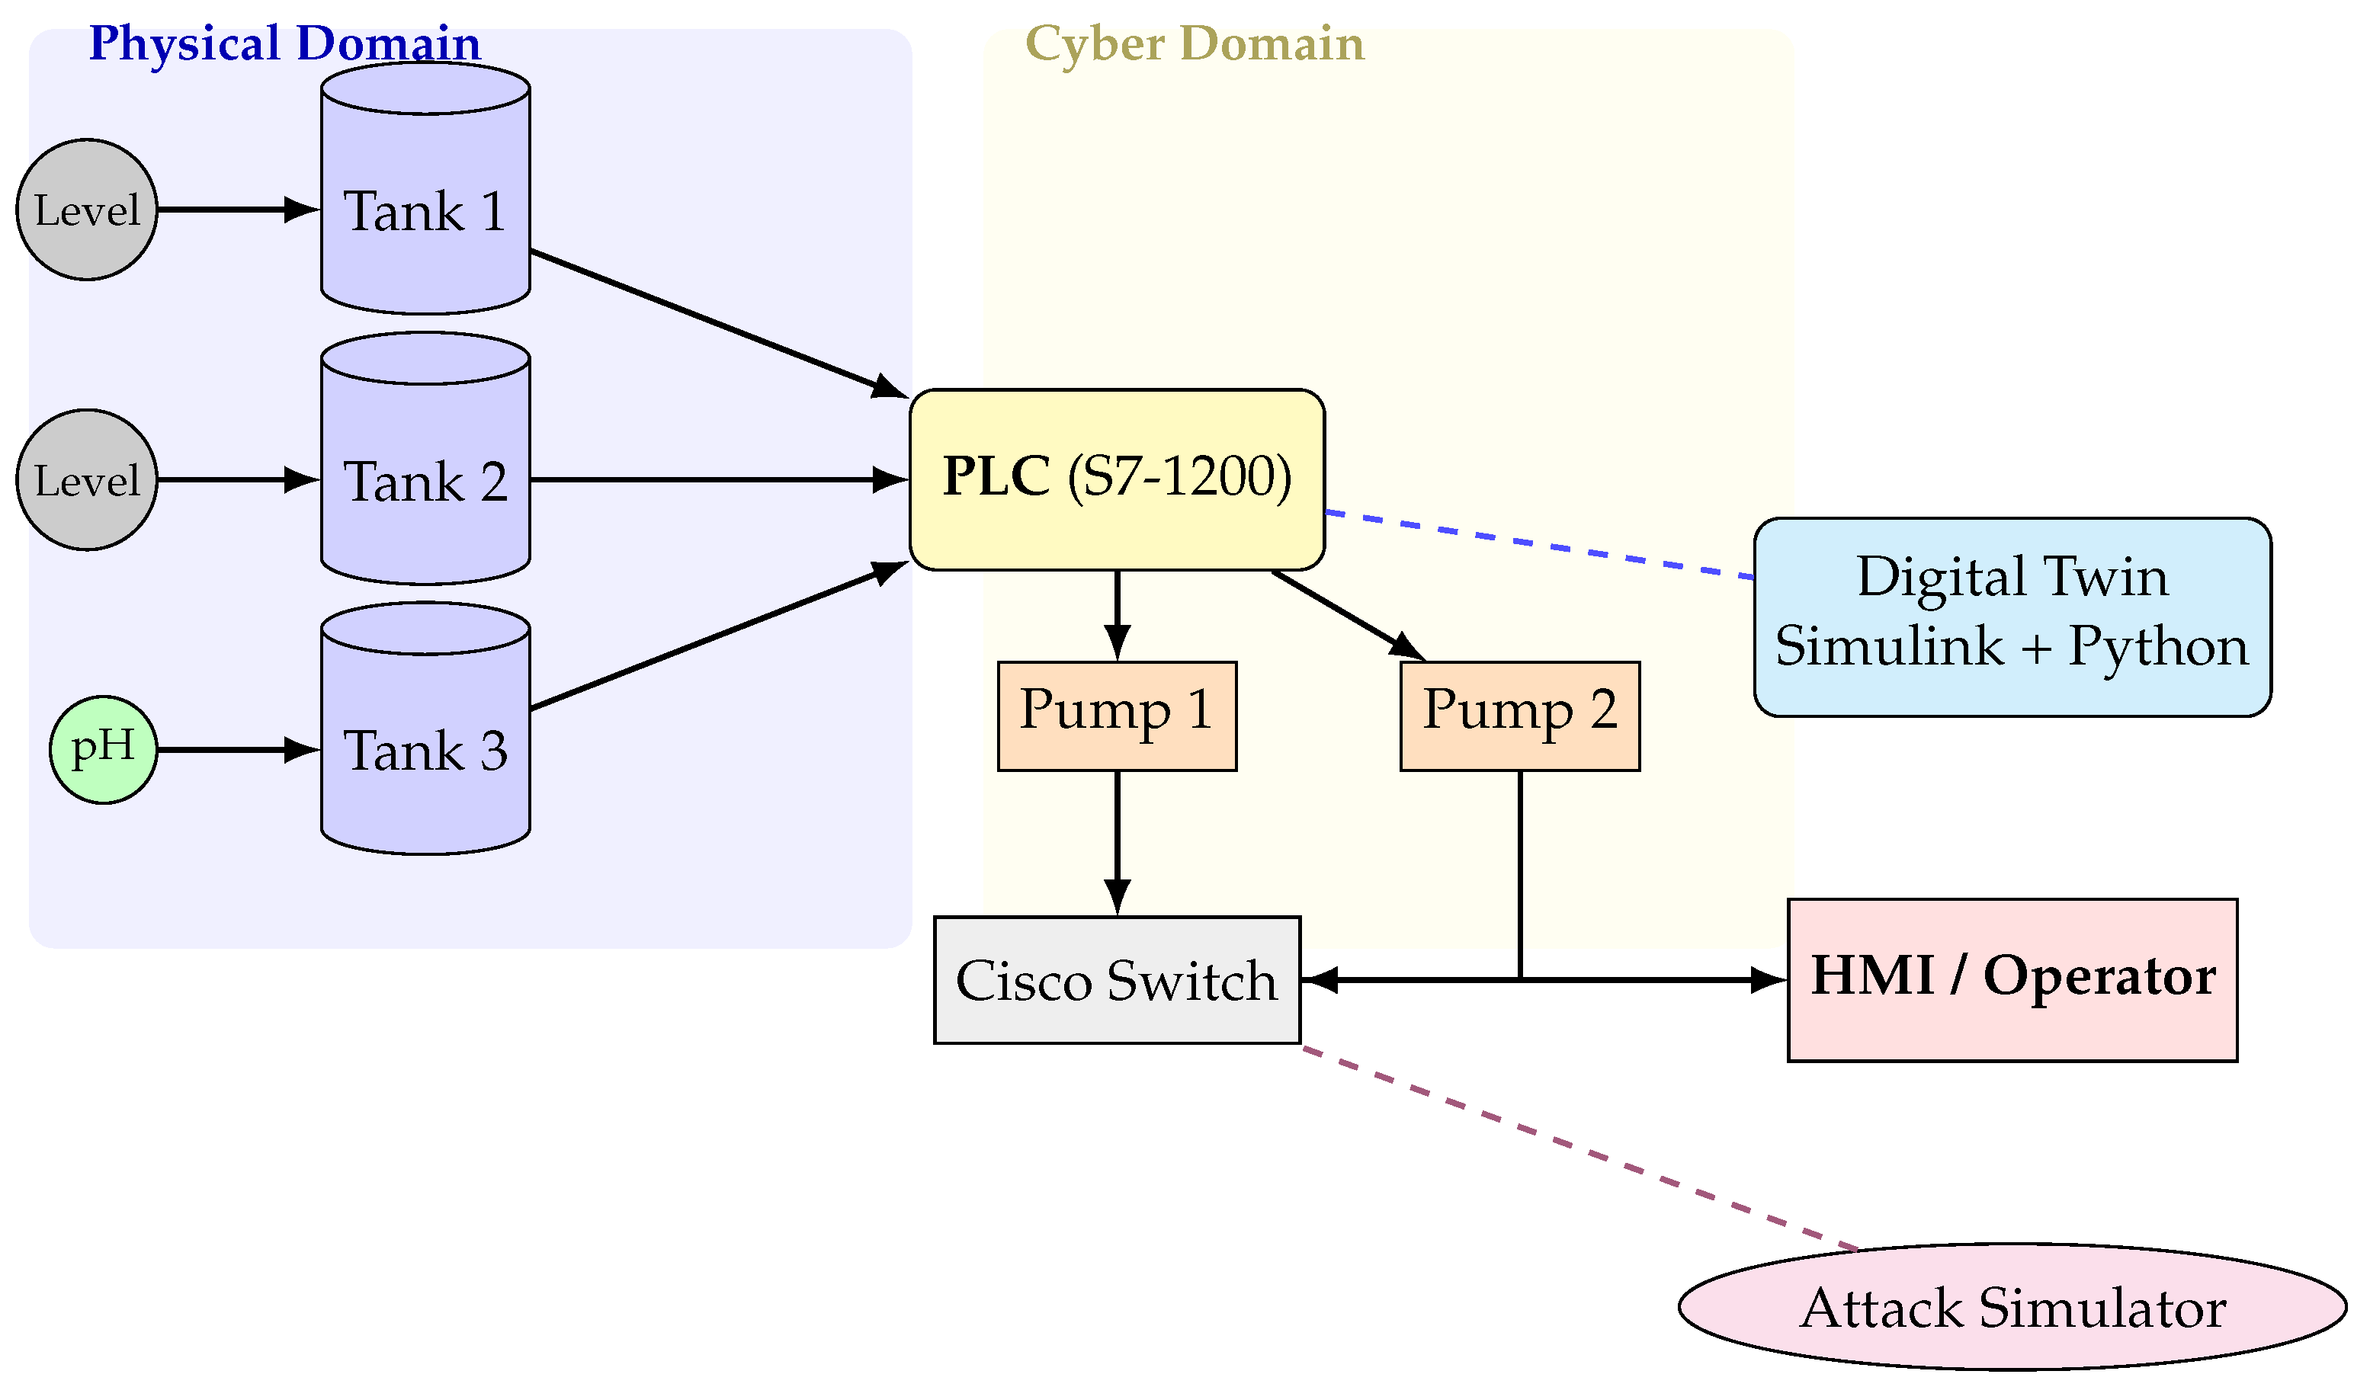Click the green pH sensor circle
pyautogui.click(x=104, y=749)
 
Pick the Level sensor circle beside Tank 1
pyautogui.click(x=87, y=210)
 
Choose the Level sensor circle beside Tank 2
pyautogui.click(x=87, y=479)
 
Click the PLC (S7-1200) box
pyautogui.click(x=1118, y=479)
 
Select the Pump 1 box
pyautogui.click(x=1118, y=716)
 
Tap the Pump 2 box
pyautogui.click(x=1520, y=716)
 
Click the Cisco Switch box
pyautogui.click(x=1118, y=981)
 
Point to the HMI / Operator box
pyautogui.click(x=2012, y=981)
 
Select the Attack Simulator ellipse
pyautogui.click(x=2012, y=1308)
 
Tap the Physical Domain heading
pyautogui.click(x=284, y=43)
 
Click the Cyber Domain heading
pyautogui.click(x=1195, y=43)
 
